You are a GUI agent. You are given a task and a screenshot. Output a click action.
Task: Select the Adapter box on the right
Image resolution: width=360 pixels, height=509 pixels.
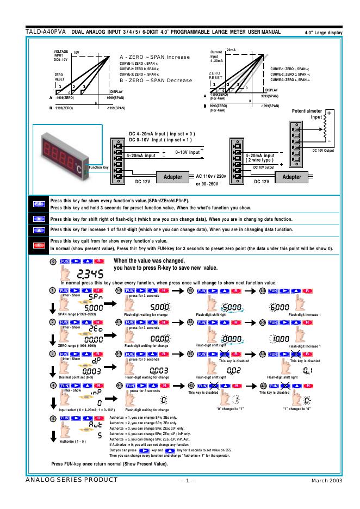click(291, 177)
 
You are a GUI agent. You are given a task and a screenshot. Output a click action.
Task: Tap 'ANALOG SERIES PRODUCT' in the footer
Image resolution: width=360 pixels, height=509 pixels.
click(71, 480)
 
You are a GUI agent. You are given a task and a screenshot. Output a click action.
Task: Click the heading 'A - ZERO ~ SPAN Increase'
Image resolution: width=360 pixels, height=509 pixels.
click(155, 57)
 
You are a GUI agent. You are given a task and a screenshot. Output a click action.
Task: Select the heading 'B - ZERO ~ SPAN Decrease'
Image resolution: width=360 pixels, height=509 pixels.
click(156, 80)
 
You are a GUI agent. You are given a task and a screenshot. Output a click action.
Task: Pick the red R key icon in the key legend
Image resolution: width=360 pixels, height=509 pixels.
click(38, 246)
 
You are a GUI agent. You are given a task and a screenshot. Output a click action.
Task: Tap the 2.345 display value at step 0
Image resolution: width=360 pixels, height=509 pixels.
click(88, 274)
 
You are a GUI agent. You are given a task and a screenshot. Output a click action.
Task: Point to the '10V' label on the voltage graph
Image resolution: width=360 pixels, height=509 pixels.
click(76, 52)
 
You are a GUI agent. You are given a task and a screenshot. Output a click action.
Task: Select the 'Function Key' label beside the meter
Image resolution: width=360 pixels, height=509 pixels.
click(98, 167)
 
